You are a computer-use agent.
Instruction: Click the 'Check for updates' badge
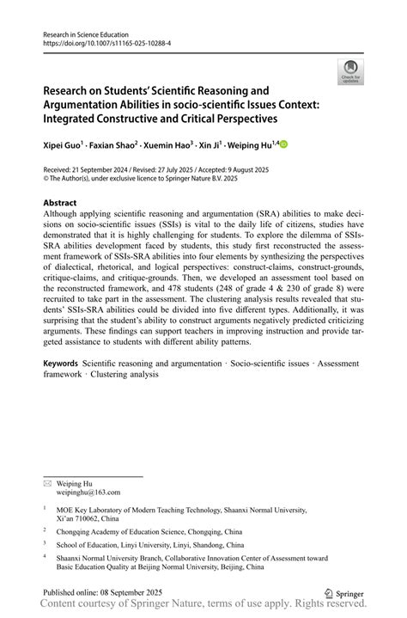point(349,72)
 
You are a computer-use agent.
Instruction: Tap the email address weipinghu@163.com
point(89,493)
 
